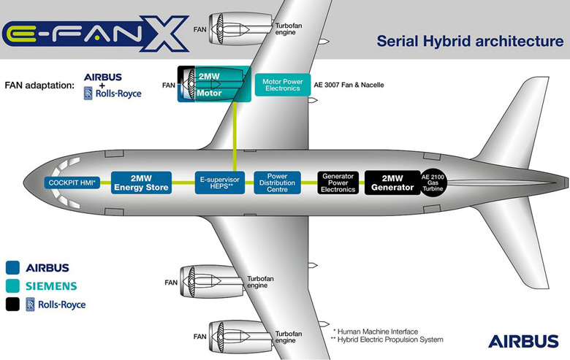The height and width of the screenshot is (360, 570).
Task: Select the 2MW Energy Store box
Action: (x=141, y=183)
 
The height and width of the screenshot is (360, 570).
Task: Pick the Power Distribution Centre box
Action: (x=277, y=183)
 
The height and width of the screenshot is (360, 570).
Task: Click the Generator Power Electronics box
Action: (x=339, y=183)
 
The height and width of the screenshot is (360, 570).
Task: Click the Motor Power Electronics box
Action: (x=283, y=85)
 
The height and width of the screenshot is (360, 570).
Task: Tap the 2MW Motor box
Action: (x=213, y=85)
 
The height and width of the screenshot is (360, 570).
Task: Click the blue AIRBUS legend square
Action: (x=12, y=267)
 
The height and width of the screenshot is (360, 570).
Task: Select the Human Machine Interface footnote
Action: (x=376, y=331)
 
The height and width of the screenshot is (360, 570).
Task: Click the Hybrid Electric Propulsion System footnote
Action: (x=387, y=340)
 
